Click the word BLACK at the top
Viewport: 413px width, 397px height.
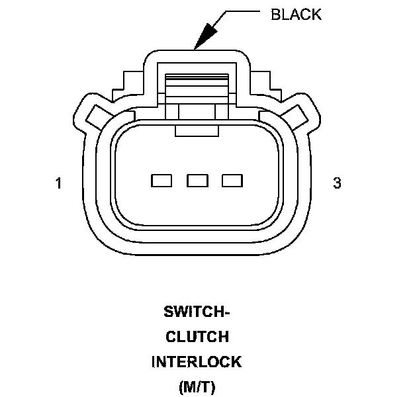[x=296, y=15]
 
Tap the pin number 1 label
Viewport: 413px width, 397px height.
[x=59, y=184]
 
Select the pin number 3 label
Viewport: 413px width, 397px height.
[x=337, y=184]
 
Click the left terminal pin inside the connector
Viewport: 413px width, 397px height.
[x=161, y=179]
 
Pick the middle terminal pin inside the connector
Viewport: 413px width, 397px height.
[x=197, y=179]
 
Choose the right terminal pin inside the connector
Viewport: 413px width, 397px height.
[x=232, y=179]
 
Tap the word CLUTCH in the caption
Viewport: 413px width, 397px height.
[x=197, y=337]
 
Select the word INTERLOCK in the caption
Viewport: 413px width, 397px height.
[x=197, y=363]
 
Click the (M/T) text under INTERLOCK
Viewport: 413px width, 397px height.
[x=197, y=387]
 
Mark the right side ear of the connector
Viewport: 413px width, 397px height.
[x=300, y=113]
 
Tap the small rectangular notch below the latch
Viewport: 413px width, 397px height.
[x=197, y=130]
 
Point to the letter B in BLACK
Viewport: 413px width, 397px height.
[x=275, y=15]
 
